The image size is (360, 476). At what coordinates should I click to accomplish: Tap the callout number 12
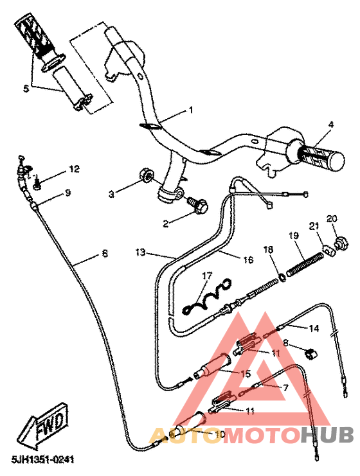tap(74, 169)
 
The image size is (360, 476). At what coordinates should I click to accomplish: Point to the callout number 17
tap(206, 276)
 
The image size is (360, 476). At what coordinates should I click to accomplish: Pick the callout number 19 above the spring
tap(293, 236)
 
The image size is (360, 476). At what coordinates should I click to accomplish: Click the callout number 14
tap(314, 328)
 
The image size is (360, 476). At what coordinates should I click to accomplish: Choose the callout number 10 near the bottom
tap(219, 435)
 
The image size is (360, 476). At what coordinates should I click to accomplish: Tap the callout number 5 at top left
tap(26, 89)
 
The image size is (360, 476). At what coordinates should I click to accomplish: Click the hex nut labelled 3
tap(146, 175)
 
